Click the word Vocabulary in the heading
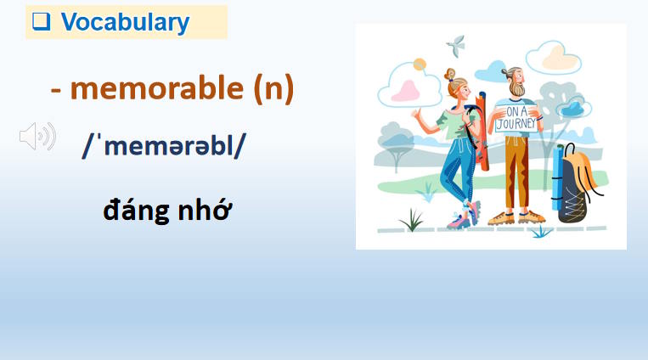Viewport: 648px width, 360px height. point(125,22)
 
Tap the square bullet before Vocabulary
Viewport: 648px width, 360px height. point(40,22)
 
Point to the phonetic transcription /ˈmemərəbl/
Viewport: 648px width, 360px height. point(164,144)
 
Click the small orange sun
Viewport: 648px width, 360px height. point(419,64)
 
